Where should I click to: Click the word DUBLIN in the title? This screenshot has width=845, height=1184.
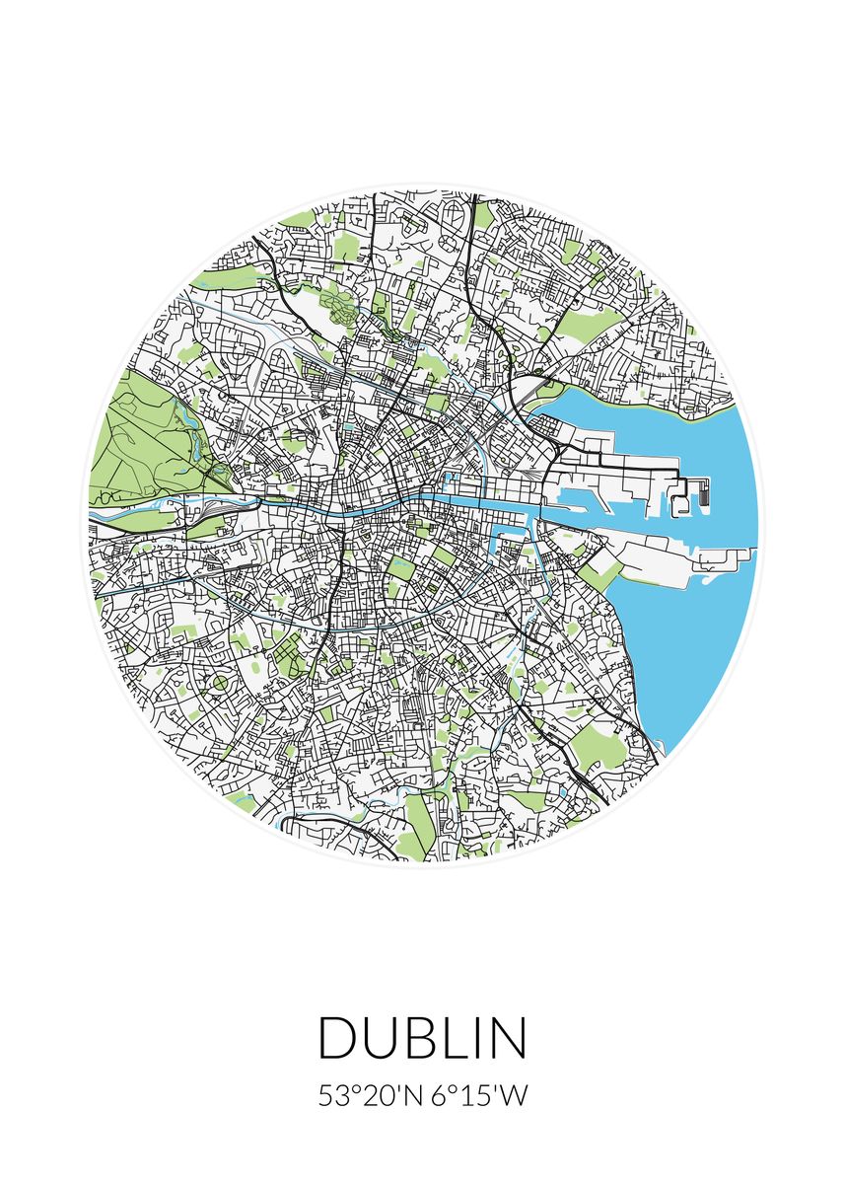pyautogui.click(x=422, y=1038)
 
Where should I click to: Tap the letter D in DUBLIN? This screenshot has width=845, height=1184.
pyautogui.click(x=336, y=1038)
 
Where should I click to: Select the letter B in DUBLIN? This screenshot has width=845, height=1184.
pyautogui.click(x=420, y=1038)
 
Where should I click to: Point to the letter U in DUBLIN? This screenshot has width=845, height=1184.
pyautogui.click(x=379, y=1038)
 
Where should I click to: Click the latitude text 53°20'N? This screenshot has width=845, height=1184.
pyautogui.click(x=371, y=1096)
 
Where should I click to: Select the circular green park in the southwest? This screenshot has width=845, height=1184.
pyautogui.click(x=220, y=682)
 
